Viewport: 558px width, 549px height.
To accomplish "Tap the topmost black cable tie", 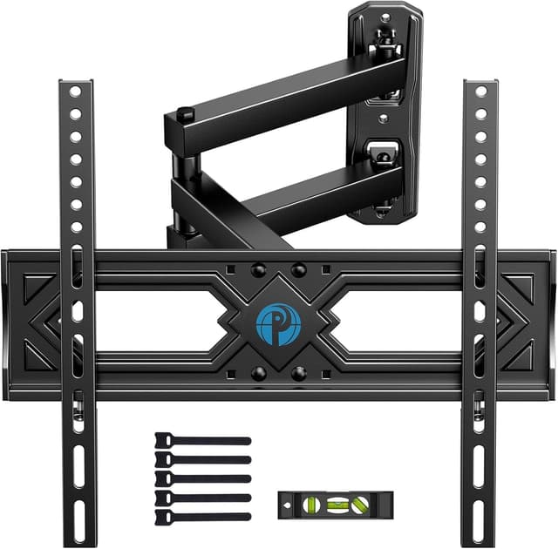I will pyautogui.click(x=202, y=442).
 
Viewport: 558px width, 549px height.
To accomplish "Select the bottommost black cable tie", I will pyautogui.click(x=202, y=516).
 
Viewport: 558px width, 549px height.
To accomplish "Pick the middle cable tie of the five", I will pyautogui.click(x=202, y=478).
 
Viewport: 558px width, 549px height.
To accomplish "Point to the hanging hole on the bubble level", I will pyautogui.click(x=289, y=504).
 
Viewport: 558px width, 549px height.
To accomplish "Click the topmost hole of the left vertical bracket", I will pyautogui.click(x=75, y=91).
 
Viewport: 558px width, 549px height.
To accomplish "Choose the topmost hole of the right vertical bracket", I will pyautogui.click(x=480, y=91).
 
